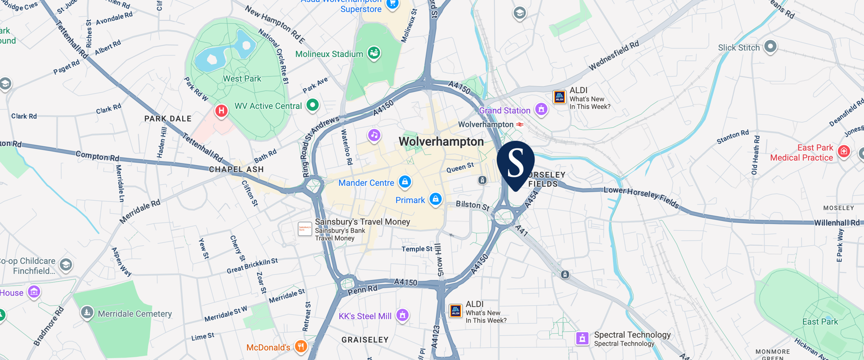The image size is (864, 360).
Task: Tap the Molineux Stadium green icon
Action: pos(374,53)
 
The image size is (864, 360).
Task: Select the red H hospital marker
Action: pos(221,111)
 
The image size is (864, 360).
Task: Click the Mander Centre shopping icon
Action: pos(405,181)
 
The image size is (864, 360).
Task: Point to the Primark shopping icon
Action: pos(435,199)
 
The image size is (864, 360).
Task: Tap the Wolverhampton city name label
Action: pos(441,142)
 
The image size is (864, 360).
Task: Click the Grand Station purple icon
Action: pos(541,109)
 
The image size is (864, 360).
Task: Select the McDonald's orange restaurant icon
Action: pos(301,346)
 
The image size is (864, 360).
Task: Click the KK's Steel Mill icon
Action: pos(402,315)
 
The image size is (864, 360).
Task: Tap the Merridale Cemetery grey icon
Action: pos(87,312)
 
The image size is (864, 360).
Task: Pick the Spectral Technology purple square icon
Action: pos(582,338)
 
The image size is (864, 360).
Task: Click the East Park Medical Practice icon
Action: pos(844,151)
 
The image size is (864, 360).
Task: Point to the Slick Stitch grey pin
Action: pos(770,46)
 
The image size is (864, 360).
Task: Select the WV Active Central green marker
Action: pos(312,105)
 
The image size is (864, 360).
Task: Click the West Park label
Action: pos(242,79)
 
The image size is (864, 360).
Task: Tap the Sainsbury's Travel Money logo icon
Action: pos(305,229)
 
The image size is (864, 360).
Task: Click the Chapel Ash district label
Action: pos(236,170)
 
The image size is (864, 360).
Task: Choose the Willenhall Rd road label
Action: pos(836,223)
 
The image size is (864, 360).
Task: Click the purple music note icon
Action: pos(374,135)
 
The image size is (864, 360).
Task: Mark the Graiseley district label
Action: pos(365,340)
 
